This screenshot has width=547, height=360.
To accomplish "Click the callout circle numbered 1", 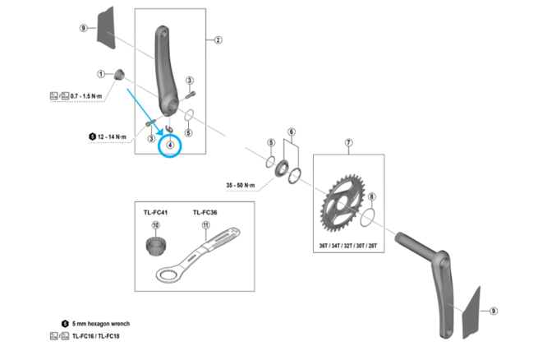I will [100, 73].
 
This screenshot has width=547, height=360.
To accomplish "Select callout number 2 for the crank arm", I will [218, 39].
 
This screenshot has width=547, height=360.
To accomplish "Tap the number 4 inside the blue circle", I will [170, 145].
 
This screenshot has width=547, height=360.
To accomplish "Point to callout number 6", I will [291, 132].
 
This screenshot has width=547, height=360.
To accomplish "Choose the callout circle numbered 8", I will [371, 197].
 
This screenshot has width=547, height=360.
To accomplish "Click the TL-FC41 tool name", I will [155, 211].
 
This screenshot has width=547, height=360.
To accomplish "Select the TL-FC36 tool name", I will [206, 211].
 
